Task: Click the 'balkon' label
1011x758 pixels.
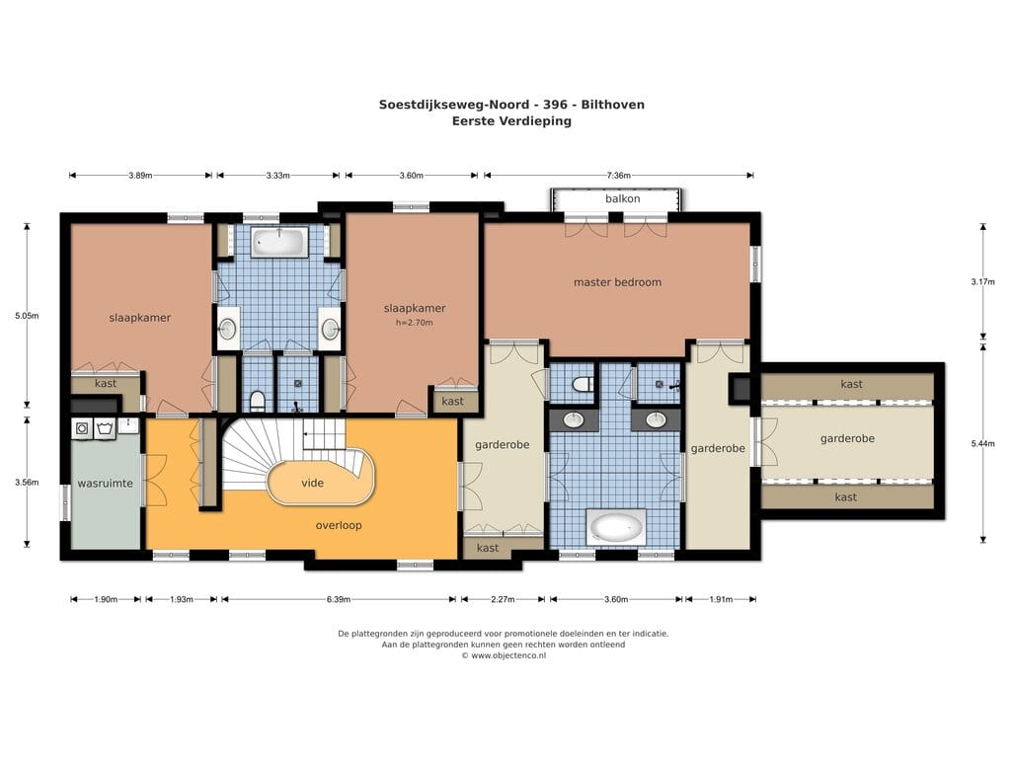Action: [x=622, y=198]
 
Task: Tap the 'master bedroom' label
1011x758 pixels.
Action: [x=617, y=282]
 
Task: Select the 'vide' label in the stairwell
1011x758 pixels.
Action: [x=313, y=483]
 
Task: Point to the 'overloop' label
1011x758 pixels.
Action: [x=339, y=525]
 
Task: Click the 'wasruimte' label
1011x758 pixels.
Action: [x=105, y=484]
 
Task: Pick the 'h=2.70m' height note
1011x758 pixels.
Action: [x=414, y=323]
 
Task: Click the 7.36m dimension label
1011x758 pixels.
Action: [x=618, y=176]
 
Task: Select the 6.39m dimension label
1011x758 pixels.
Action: [x=339, y=599]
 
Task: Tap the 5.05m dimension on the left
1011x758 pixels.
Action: [x=27, y=316]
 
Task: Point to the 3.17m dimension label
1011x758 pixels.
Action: [x=982, y=281]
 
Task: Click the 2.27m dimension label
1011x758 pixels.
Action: [x=503, y=599]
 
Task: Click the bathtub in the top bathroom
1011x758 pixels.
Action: [x=278, y=242]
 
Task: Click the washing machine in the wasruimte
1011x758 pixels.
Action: [x=83, y=428]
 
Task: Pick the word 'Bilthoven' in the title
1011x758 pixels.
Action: [x=612, y=105]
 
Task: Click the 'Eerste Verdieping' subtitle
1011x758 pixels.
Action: [x=511, y=121]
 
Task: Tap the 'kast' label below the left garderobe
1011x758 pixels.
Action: [x=488, y=548]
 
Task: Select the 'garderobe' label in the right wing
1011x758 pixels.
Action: [x=847, y=439]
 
